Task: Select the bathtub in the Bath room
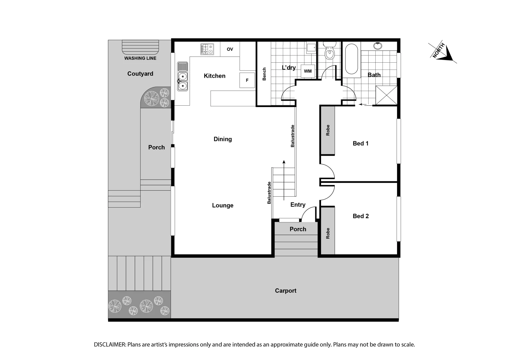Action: pyautogui.click(x=351, y=60)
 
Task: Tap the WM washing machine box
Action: pyautogui.click(x=308, y=71)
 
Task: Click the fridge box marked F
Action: pyautogui.click(x=247, y=80)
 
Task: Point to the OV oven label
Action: pyautogui.click(x=230, y=49)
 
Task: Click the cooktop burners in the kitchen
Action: pyautogui.click(x=207, y=49)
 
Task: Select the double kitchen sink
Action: pyautogui.click(x=182, y=76)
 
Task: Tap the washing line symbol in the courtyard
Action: pyautogui.click(x=140, y=47)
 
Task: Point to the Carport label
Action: pyautogui.click(x=286, y=291)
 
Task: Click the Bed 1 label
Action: pyautogui.click(x=361, y=144)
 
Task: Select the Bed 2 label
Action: pyautogui.click(x=361, y=216)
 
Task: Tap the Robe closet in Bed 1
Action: pyautogui.click(x=328, y=130)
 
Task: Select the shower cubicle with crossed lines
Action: pyautogui.click(x=386, y=95)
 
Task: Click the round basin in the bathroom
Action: pyautogui.click(x=378, y=46)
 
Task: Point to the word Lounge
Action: pyautogui.click(x=223, y=206)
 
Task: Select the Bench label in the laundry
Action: pyautogui.click(x=264, y=74)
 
